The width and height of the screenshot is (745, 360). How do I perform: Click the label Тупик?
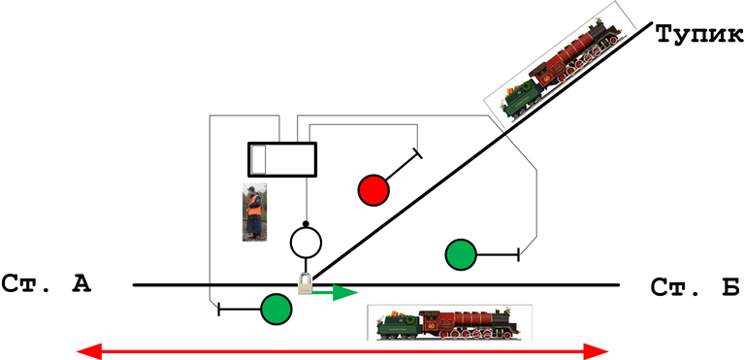[700, 34]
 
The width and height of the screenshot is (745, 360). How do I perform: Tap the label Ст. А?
[47, 284]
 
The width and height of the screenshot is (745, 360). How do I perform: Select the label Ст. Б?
[695, 287]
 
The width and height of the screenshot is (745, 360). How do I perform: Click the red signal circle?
[373, 190]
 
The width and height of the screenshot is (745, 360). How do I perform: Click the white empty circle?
[306, 243]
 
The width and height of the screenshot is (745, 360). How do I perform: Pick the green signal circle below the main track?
[276, 310]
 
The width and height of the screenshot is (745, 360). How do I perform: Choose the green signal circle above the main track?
[461, 255]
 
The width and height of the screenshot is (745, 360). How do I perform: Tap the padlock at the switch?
[305, 284]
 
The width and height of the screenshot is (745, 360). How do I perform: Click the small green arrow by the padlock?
[335, 292]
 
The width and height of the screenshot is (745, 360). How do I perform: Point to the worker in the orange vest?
[254, 212]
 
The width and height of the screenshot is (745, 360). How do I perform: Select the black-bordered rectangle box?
[282, 159]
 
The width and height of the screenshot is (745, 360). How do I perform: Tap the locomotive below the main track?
[449, 322]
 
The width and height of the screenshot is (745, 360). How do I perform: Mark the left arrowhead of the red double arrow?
[89, 352]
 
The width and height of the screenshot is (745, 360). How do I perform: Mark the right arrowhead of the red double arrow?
[597, 352]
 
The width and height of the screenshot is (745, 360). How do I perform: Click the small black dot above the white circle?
[306, 223]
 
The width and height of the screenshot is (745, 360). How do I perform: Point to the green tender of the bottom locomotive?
[398, 325]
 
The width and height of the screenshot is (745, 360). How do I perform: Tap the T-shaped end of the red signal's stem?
[418, 153]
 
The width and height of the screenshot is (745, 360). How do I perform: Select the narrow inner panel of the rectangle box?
[257, 159]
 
